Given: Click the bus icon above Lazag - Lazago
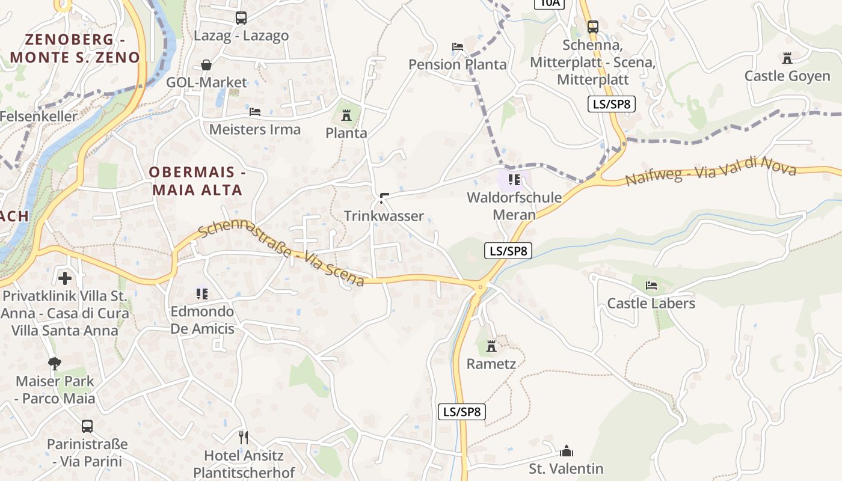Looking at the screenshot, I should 241,18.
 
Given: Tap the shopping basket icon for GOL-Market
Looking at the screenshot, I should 206,65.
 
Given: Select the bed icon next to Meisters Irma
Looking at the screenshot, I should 255,112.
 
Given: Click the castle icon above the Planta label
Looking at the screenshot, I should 346,115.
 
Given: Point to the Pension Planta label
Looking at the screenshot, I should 458,64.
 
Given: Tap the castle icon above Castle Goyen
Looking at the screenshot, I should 787,58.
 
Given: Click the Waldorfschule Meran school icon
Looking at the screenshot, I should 514,179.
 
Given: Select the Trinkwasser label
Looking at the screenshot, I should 384,216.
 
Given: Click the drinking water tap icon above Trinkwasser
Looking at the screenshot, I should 384,197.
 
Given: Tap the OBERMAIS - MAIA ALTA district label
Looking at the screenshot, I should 197,181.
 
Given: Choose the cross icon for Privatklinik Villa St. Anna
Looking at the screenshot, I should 65,278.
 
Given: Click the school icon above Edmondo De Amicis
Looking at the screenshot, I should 202,293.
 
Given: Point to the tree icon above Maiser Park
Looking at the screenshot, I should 55,363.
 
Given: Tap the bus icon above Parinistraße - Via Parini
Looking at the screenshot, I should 87,426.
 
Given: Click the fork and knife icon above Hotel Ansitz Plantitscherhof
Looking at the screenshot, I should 244,437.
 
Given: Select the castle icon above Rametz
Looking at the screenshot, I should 491,346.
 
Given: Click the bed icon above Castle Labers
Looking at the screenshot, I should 651,285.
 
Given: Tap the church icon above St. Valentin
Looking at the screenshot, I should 566,451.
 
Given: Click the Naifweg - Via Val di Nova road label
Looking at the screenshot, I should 711,171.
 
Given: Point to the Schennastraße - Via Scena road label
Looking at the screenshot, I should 281,254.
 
